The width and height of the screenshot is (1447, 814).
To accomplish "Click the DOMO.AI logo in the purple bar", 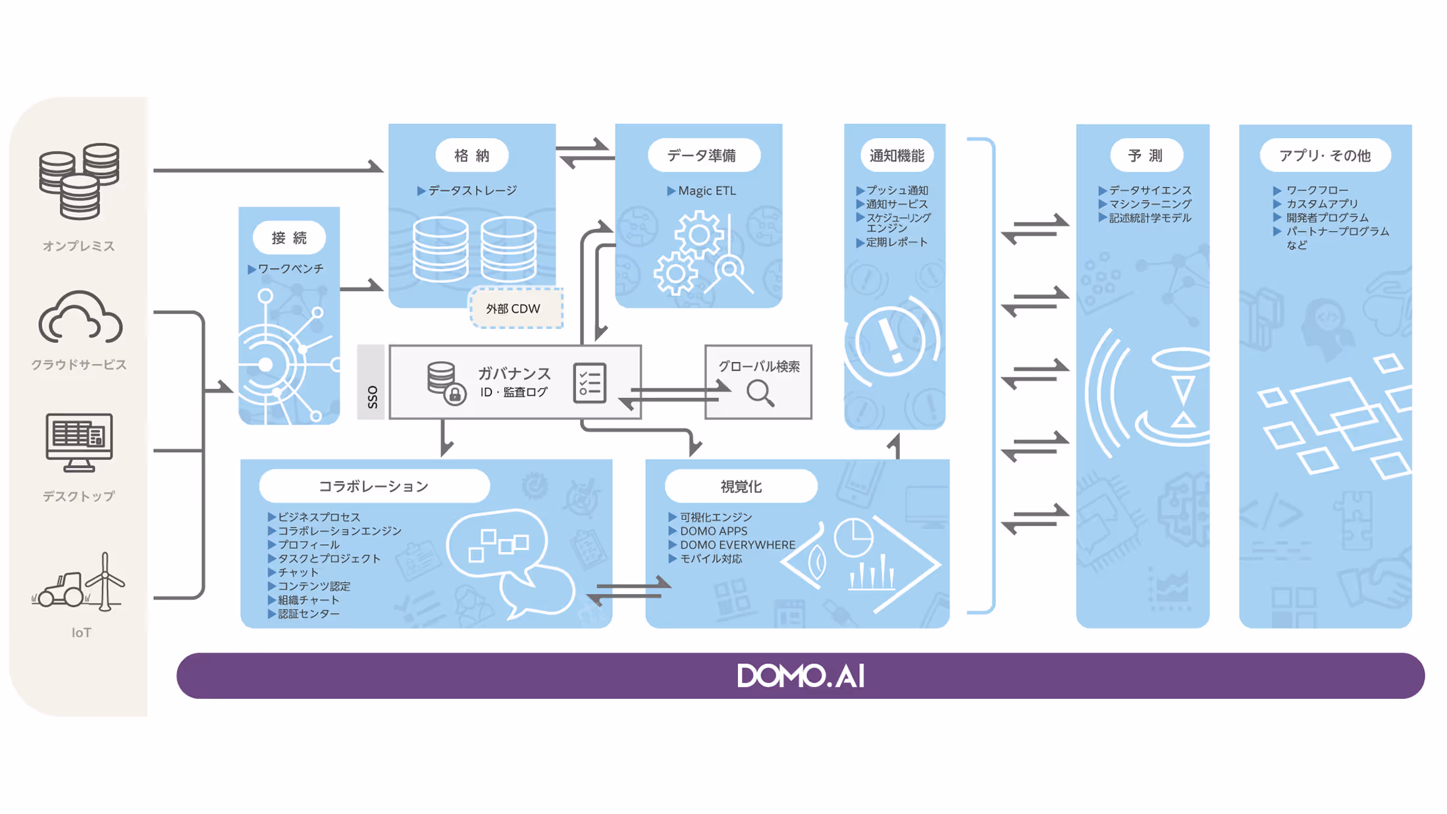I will click(801, 676).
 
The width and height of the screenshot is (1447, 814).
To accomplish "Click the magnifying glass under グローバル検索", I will click(760, 393).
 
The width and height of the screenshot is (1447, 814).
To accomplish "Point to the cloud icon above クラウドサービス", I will click(80, 318).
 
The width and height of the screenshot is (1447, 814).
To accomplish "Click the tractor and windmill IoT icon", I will click(79, 582).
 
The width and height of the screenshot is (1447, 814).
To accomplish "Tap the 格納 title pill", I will click(472, 155).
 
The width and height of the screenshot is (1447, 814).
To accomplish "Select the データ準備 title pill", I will click(703, 155).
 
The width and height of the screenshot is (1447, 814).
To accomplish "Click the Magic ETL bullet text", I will click(706, 191).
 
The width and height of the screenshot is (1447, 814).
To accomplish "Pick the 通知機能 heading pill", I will click(897, 155).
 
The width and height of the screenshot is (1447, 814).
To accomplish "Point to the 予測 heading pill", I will click(1145, 155).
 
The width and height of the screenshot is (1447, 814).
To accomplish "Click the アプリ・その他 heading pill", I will click(1325, 155).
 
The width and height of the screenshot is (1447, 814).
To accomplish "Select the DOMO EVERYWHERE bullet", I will click(737, 545).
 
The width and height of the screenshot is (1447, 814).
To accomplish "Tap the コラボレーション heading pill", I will click(374, 486).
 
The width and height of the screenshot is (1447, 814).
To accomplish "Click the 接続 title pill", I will click(289, 238).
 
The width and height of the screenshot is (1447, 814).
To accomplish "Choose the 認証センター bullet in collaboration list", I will click(308, 614).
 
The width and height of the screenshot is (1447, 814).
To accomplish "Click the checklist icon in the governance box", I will click(589, 382).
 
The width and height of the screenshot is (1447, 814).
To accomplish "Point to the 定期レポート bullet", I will click(896, 242).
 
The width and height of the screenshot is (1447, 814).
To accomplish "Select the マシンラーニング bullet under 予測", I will click(1149, 204).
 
